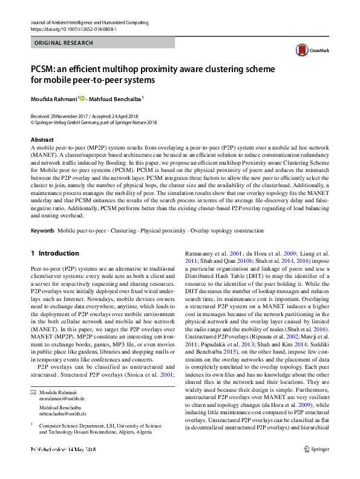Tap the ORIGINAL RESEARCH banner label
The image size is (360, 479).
64,43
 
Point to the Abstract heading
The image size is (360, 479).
42,139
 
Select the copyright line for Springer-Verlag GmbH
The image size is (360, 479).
93,122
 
